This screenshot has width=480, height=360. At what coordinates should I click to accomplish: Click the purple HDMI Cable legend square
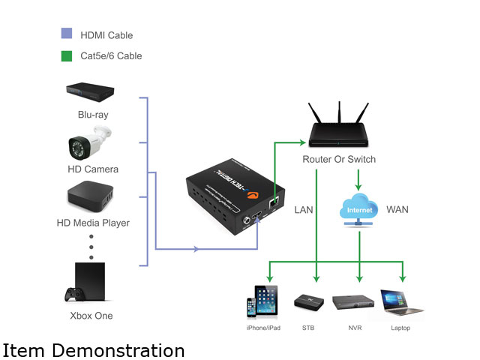pos(66,34)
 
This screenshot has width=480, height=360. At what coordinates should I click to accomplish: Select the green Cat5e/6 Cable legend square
pos(66,55)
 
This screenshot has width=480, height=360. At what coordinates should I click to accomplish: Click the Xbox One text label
pos(91,316)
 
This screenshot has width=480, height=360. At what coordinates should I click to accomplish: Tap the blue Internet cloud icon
pos(359,207)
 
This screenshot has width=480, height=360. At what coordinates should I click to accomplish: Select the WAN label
pos(397,209)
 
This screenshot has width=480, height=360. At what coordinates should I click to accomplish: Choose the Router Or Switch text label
pos(339,160)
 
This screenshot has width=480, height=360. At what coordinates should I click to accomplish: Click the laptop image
pos(401,301)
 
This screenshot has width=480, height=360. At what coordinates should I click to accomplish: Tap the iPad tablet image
pos(265,301)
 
